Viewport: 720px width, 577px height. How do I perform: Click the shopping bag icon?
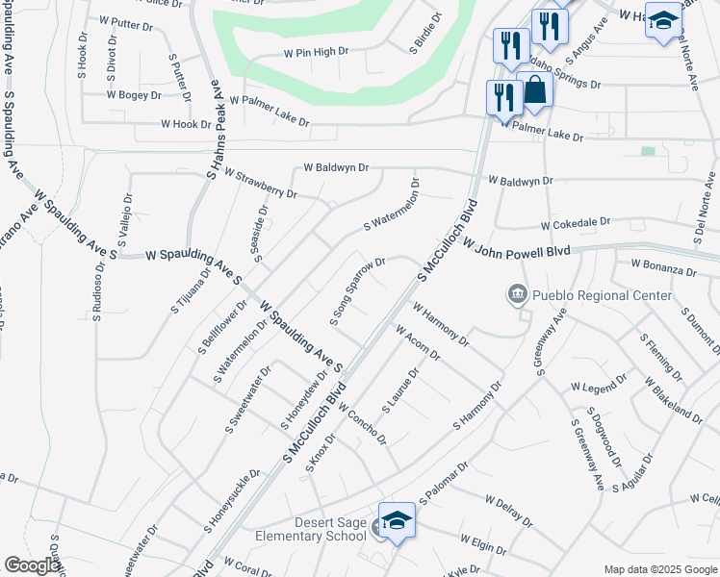[535, 91]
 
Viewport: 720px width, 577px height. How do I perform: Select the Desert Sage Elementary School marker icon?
[396, 520]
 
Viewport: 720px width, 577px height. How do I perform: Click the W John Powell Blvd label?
[517, 249]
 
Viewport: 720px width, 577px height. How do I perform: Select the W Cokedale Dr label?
[576, 223]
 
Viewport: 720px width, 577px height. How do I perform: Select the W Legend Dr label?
[598, 387]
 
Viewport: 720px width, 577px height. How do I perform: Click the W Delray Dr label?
[509, 512]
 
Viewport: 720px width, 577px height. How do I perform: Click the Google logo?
[32, 566]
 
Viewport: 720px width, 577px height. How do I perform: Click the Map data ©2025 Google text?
[659, 569]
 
